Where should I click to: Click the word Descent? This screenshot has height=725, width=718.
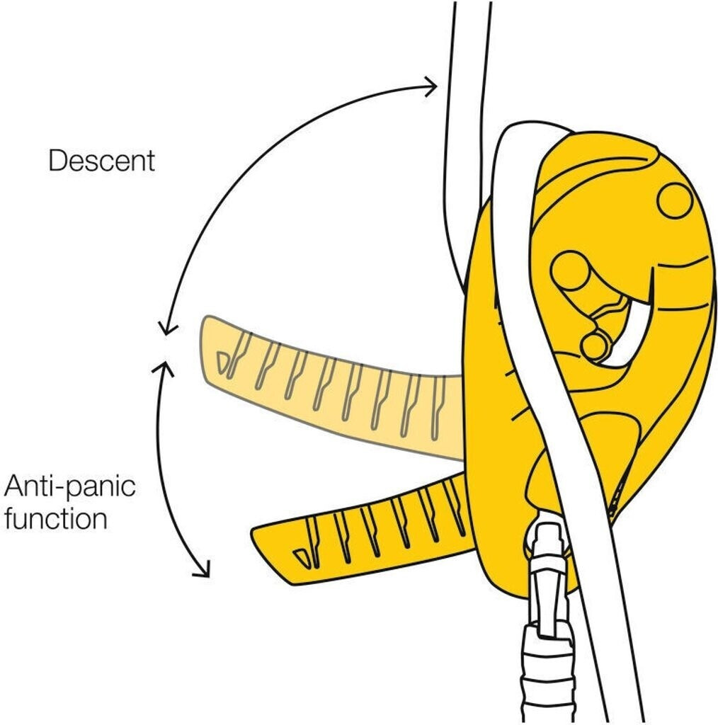click(102, 161)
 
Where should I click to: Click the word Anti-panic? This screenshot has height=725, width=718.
click(70, 486)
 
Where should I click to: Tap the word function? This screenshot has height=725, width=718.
click(56, 518)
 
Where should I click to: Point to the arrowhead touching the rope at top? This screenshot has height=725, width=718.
click(430, 86)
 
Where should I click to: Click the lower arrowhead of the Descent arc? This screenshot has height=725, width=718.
click(166, 327)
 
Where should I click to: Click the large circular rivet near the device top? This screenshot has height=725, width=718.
click(674, 200)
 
